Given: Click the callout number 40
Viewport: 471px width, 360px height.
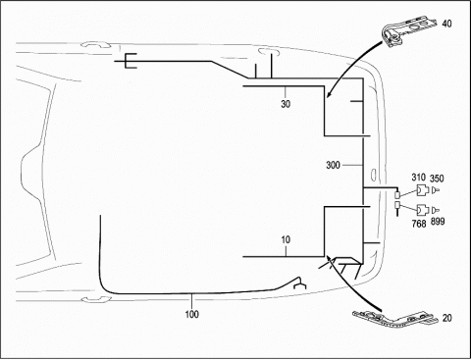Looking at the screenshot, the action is (446, 24).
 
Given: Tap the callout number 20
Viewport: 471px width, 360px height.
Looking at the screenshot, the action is (446, 318).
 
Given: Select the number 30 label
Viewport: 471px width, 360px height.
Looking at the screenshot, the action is (286, 104).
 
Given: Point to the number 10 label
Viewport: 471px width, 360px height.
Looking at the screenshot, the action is (286, 239).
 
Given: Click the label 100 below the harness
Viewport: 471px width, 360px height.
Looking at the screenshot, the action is (192, 314).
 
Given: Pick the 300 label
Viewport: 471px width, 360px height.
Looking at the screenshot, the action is (333, 165).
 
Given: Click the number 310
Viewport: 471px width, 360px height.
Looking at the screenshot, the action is (418, 178).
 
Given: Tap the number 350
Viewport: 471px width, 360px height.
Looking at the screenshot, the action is (437, 179).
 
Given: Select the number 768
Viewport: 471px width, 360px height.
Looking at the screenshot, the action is (419, 224).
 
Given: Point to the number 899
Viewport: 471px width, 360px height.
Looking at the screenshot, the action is (438, 222).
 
